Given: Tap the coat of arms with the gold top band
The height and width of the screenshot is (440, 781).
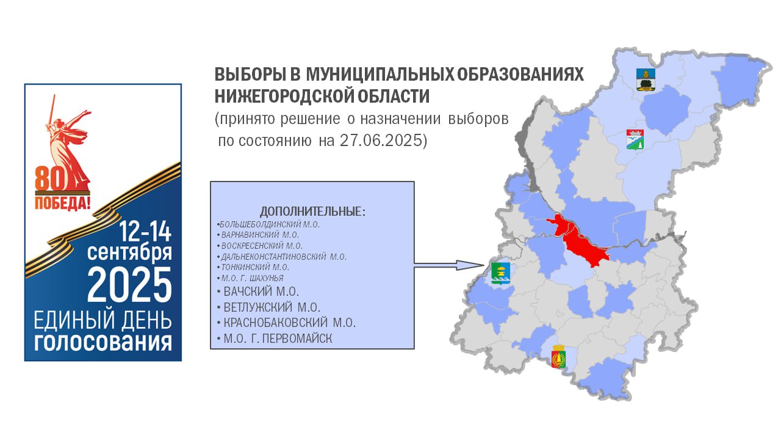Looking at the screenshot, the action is click(x=646, y=79).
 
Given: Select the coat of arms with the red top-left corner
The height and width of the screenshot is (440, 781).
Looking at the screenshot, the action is click(x=635, y=139).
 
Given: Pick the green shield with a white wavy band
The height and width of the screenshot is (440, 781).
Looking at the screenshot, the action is click(x=501, y=273).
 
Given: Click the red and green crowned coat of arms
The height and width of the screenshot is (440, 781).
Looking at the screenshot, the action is click(x=558, y=356).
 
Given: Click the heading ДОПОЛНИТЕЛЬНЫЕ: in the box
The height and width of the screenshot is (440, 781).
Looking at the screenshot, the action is click(x=313, y=211).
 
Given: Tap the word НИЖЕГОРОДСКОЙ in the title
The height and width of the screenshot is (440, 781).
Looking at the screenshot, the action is click(x=284, y=96).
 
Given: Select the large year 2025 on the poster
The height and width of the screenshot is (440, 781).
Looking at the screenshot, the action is click(x=130, y=285).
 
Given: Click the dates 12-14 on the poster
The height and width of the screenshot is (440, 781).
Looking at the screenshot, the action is click(x=145, y=231).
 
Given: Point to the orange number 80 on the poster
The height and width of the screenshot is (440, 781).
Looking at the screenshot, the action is click(x=50, y=179).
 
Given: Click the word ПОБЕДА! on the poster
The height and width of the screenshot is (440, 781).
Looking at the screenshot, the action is click(x=62, y=202).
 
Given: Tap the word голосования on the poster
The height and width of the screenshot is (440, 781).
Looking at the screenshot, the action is click(x=103, y=343).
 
